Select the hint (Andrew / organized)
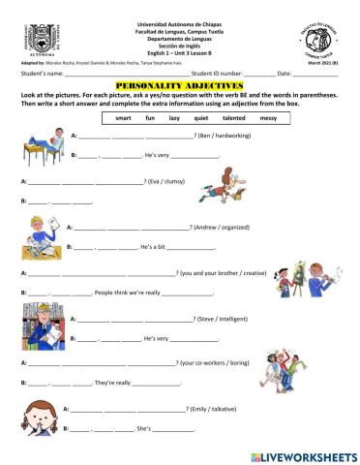pyautogui.click(x=221, y=228)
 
